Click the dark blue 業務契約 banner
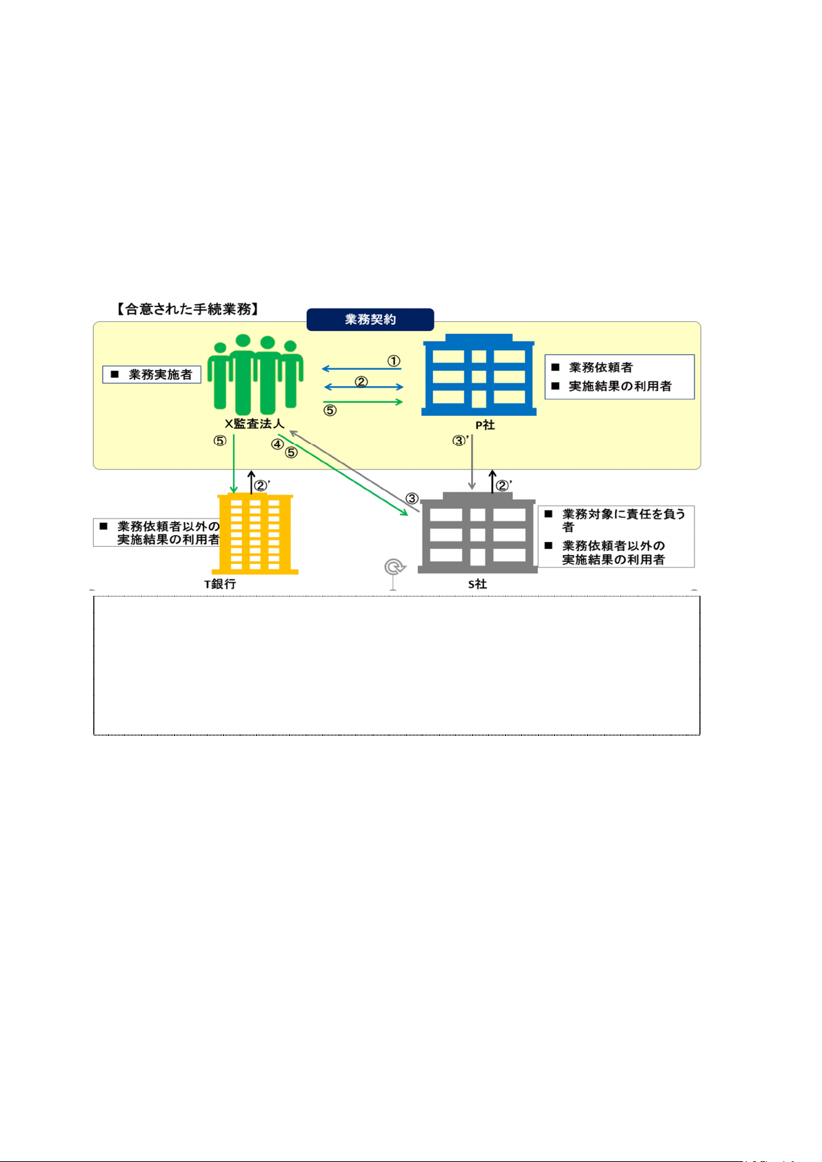370,320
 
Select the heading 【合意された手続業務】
188,309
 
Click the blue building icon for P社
479,375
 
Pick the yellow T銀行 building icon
256,534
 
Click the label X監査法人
254,424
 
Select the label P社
485,425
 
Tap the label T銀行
220,584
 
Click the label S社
477,584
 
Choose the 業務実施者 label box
152,374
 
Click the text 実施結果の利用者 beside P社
620,386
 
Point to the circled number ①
394,361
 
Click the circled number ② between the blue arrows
361,381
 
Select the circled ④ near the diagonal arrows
277,444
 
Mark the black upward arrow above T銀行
251,482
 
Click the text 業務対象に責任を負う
623,514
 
